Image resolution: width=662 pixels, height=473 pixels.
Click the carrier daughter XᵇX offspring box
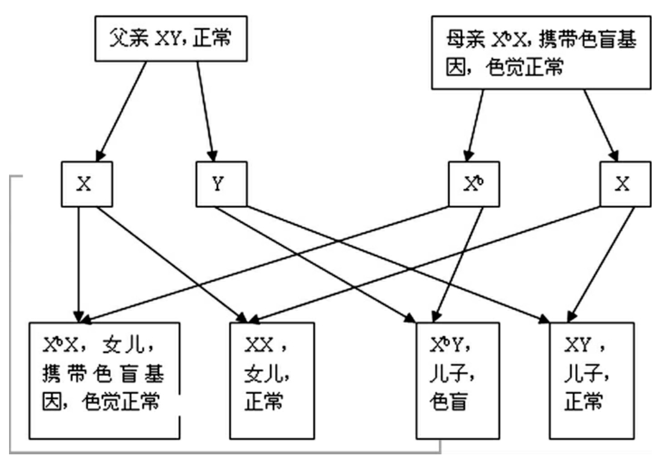[105, 380]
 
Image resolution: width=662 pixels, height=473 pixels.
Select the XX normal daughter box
[272, 380]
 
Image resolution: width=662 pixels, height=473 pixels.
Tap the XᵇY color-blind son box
[458, 380]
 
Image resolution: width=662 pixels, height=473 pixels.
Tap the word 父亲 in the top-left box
[128, 40]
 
